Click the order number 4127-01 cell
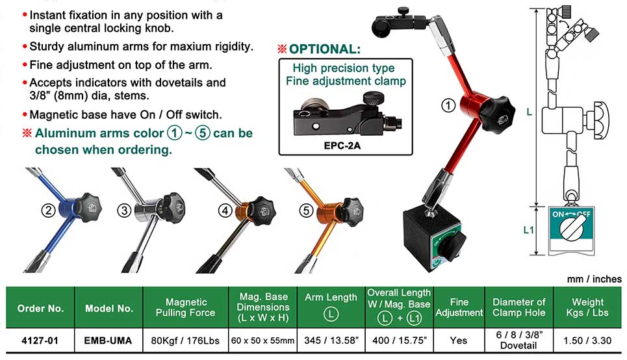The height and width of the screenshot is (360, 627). (x=40, y=341)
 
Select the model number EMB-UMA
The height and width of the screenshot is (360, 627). (x=108, y=341)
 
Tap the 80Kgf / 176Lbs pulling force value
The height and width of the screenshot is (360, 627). (x=185, y=341)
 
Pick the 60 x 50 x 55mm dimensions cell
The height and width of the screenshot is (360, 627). (x=262, y=341)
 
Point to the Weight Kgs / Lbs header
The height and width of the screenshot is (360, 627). (x=587, y=307)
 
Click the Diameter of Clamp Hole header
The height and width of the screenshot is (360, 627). (x=518, y=307)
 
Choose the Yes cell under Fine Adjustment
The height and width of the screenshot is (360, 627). (x=458, y=341)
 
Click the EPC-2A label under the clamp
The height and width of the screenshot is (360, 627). (x=342, y=146)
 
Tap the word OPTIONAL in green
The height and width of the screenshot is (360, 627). (x=324, y=49)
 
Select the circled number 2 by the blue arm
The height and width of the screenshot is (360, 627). (x=48, y=210)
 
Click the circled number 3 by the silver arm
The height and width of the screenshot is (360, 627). (x=124, y=210)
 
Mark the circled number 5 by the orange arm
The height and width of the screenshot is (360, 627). (x=306, y=210)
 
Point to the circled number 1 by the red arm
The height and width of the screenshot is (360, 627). (x=448, y=105)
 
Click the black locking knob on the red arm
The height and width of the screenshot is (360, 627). (x=494, y=114)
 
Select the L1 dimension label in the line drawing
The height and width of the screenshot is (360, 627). (x=529, y=229)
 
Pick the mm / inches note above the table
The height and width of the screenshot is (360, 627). (x=595, y=279)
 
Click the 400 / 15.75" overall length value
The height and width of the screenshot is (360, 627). (x=400, y=341)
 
